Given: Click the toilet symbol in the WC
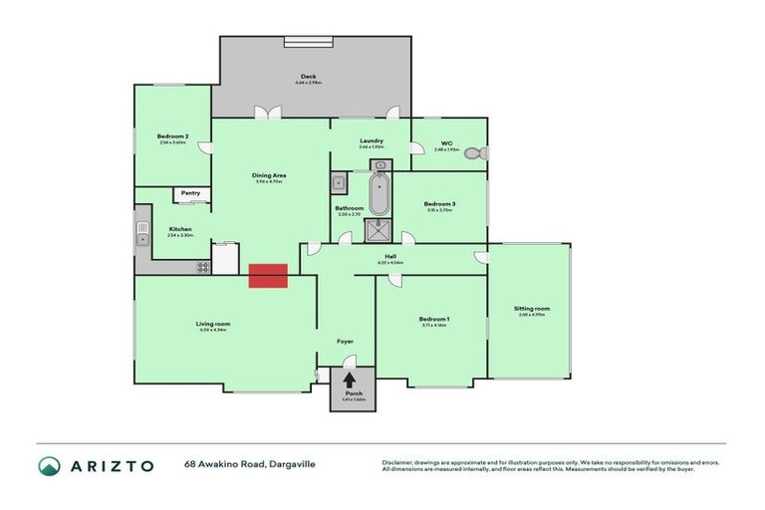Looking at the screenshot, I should [482, 153].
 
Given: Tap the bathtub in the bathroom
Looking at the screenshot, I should [380, 193].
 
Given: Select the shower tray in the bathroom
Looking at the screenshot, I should [380, 230].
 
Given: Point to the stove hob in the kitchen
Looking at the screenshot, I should [203, 267].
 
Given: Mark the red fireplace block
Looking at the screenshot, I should [268, 276].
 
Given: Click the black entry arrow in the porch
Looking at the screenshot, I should [350, 380].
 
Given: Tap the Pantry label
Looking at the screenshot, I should [188, 193].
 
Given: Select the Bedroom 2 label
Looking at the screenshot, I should [172, 136].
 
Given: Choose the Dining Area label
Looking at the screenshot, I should [269, 175].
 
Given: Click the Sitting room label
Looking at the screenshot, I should [531, 308].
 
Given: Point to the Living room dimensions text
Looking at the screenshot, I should [213, 330].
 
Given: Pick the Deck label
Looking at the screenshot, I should [308, 77].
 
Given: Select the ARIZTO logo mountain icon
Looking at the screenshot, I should [49, 465].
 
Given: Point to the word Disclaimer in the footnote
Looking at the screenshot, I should [396, 462].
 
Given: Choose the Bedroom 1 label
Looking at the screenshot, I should [434, 319].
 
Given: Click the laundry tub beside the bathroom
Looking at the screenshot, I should [339, 182].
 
